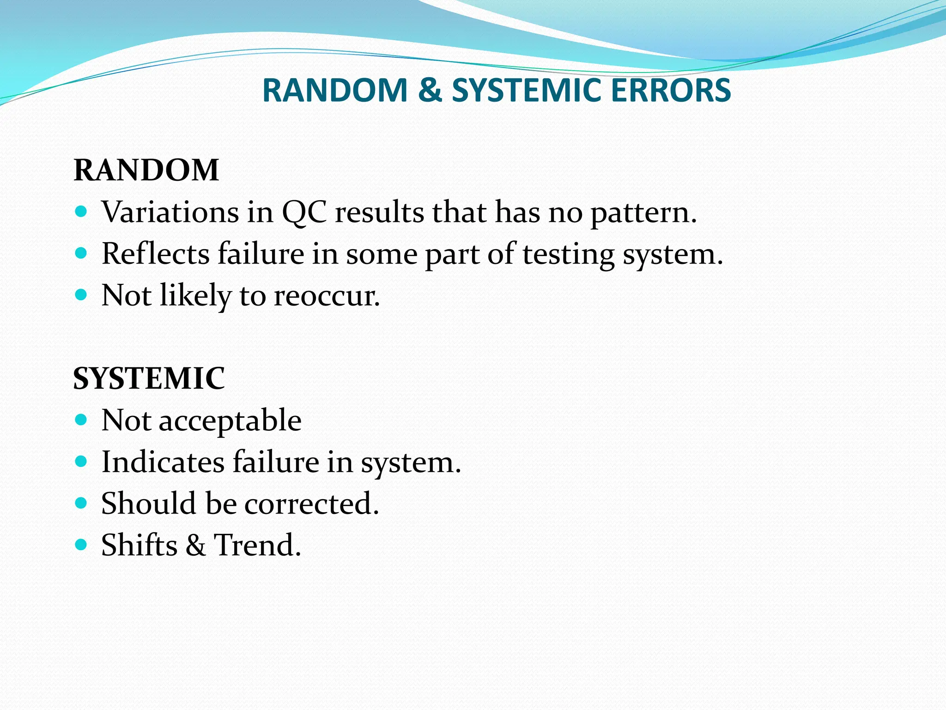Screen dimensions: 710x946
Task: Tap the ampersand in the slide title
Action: pos(430,90)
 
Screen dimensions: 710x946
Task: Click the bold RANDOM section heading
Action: pos(146,170)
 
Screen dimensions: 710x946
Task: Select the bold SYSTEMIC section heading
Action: pos(149,378)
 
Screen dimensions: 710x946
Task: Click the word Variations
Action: pos(170,212)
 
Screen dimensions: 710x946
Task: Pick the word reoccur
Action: pos(327,296)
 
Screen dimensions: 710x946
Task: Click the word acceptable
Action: pos(230,421)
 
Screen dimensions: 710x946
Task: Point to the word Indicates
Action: pos(163,462)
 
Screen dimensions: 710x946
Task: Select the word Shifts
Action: pos(139,545)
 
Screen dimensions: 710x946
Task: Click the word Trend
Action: pos(257,545)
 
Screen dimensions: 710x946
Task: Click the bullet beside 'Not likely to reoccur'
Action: pos(81,294)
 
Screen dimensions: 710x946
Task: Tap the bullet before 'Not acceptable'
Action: pos(81,419)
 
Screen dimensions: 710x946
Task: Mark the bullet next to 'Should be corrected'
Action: pos(81,502)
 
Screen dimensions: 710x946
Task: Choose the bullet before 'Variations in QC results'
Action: pos(81,212)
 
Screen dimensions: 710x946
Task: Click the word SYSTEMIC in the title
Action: pos(526,90)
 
